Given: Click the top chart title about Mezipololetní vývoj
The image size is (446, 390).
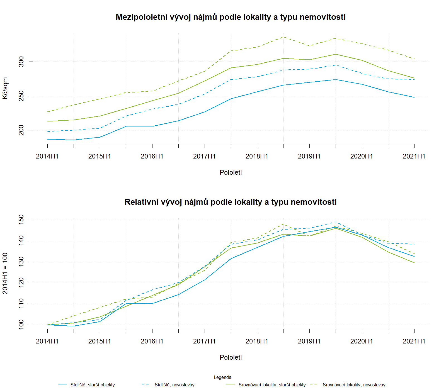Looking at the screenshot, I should coord(231,17).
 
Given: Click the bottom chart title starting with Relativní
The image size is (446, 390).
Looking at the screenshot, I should coord(231,202).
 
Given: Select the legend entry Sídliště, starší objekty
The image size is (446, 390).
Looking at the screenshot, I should coord(92,385).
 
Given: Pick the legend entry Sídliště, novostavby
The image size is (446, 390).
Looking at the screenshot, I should coord(174,385).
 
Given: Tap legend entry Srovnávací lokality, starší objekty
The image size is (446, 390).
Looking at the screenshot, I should coord(272,385).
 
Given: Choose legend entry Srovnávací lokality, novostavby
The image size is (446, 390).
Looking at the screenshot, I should coord(354,385).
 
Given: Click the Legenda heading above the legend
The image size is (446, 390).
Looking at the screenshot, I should coord(222,377).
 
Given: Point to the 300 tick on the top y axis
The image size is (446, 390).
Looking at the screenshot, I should coord(21,62).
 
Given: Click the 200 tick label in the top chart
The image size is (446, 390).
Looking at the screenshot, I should coord(21,130).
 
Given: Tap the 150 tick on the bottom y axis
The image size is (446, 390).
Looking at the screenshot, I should coord(21,220).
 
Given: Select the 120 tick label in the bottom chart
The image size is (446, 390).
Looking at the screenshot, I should coord(21,283).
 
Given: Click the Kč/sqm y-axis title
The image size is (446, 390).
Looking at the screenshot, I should coord(5,88).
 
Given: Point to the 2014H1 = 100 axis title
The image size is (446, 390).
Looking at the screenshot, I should coord(5,273).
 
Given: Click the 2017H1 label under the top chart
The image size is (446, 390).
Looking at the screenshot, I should coord(204,156).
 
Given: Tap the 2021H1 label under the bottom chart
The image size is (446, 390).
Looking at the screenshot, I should coord(414,341).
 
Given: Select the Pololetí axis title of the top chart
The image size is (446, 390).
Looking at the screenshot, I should coord(231,172).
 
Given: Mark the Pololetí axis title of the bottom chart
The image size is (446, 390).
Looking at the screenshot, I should coord(231,357).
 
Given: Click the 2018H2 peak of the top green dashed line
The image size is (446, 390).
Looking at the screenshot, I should coord(283,37).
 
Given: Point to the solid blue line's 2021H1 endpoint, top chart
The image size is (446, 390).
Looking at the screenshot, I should coord(414,97).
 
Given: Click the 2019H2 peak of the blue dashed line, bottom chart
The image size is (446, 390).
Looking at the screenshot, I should coord(336,222).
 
